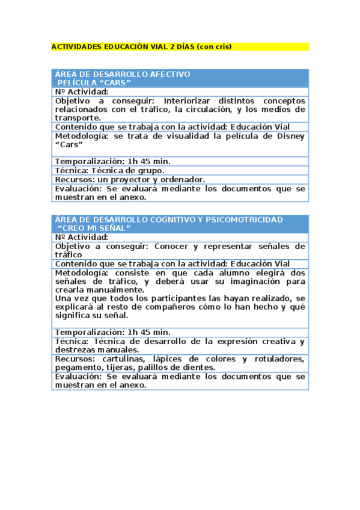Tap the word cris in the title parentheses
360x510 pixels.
221,46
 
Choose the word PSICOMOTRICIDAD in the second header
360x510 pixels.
245,220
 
